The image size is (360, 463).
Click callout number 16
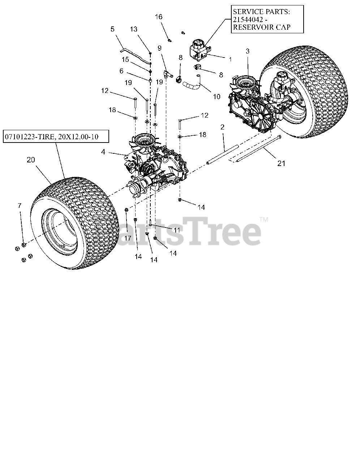coord(159,17)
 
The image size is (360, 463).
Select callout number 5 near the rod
coord(112,29)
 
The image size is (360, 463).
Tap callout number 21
coord(281,163)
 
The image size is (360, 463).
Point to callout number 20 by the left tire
coord(31,160)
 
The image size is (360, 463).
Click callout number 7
coord(20,206)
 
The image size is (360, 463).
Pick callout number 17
coord(128,238)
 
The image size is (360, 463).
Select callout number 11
coord(177,230)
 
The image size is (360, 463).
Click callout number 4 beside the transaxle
coord(103,152)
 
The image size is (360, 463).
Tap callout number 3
coord(248,51)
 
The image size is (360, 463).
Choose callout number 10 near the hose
coord(217,97)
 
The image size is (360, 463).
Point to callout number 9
coord(159,47)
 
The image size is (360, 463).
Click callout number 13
coord(134,29)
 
